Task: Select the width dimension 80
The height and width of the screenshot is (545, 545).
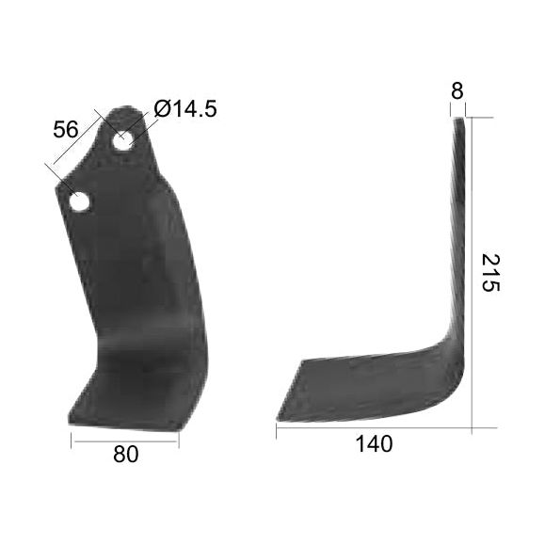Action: pos(125,454)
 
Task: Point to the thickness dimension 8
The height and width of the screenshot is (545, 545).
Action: pos(457,91)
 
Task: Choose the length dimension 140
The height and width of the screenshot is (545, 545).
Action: pos(375,443)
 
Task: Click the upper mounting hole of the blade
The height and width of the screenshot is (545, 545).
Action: pos(123,141)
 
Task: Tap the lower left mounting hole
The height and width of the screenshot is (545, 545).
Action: pos(79,200)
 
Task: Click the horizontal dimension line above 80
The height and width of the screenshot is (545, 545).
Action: pos(125,439)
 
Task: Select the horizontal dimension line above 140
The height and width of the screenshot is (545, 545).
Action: pos(374,428)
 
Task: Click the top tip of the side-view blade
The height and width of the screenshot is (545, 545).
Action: pos(460,120)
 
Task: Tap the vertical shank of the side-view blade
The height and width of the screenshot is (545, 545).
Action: pos(459,235)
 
